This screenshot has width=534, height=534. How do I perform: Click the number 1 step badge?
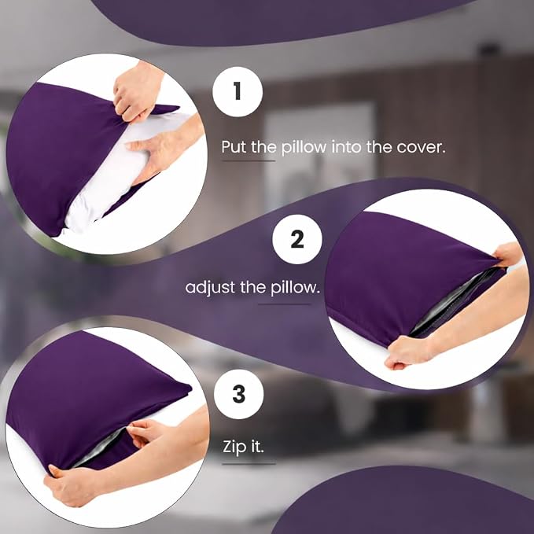point(238,92)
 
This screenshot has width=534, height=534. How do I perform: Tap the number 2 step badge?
point(297,239)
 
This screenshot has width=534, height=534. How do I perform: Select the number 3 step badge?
point(239,394)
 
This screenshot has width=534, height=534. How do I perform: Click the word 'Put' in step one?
point(234,147)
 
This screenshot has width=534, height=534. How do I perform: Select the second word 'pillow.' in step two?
point(295,287)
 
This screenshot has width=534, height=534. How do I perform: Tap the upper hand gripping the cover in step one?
point(136,92)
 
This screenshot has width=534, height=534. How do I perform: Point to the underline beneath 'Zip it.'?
point(249,463)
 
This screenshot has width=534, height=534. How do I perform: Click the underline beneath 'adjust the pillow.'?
point(284,304)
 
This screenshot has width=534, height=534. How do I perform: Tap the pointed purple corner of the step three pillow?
point(190,387)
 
